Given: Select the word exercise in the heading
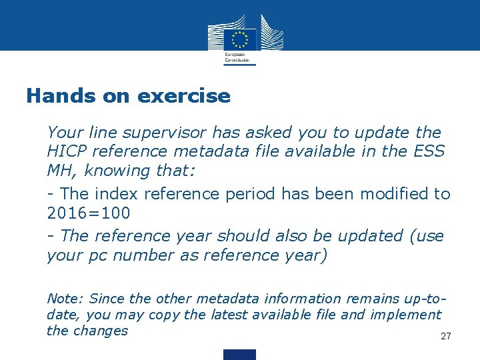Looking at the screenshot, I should coord(184,96).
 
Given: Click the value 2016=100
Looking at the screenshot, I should coord(89,214).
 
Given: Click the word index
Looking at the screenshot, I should coord(117,194).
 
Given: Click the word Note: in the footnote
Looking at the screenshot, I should coord(65,299).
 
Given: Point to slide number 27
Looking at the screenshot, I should coord(446,336).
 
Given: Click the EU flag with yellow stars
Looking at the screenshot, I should coord(240,39).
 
